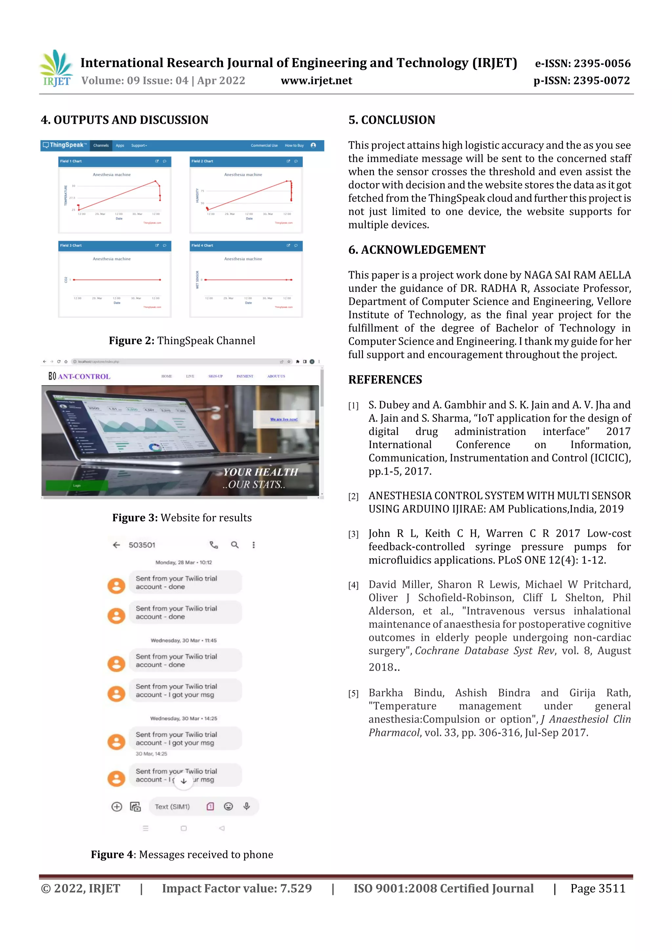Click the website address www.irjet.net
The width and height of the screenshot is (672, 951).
316,81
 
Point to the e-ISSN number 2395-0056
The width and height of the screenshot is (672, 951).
582,63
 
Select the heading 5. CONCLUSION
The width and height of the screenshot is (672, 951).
392,120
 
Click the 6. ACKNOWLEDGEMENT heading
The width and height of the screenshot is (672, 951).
416,250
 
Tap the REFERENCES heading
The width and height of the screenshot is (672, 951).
385,380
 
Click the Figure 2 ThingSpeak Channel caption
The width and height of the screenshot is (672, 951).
182,340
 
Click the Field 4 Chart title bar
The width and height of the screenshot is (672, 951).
246,246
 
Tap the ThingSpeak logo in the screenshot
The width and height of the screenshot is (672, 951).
65,145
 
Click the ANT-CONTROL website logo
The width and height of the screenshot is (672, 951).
79,376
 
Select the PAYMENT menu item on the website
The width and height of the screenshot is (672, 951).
245,376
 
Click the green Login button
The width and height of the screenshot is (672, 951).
77,486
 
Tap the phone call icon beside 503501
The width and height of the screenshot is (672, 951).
214,545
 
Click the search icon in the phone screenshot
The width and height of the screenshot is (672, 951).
235,545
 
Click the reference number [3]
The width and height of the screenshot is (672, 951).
353,534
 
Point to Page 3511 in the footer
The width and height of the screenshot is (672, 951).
598,888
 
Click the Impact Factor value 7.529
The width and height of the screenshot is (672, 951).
237,888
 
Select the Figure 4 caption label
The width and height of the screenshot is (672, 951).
112,854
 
